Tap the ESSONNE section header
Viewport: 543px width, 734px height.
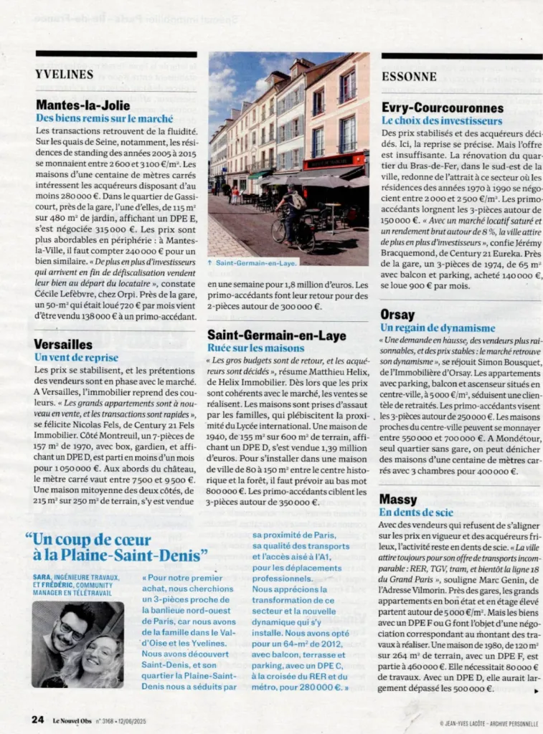[409, 75]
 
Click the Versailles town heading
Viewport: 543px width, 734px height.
[63, 344]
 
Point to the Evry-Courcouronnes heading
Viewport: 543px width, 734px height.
[443, 108]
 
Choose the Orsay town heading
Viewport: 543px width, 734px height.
[397, 314]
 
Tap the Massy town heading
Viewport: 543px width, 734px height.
[398, 499]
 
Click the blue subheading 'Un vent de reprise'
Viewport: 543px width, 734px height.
[76, 357]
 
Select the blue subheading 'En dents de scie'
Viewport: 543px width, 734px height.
[416, 512]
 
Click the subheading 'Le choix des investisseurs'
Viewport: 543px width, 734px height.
[442, 120]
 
